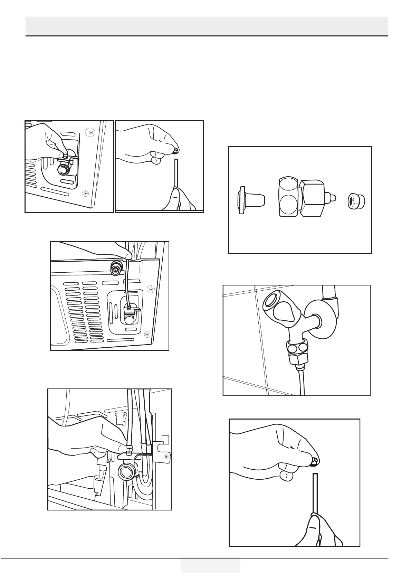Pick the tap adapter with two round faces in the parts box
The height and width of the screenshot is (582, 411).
(x=303, y=198)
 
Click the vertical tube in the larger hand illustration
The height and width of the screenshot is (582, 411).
(x=315, y=491)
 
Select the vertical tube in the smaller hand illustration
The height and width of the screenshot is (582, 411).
(x=176, y=173)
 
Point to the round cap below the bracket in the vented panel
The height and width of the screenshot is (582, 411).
(x=130, y=319)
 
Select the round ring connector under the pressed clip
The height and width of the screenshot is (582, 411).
(x=63, y=170)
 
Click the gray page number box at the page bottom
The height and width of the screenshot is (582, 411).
(x=210, y=565)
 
